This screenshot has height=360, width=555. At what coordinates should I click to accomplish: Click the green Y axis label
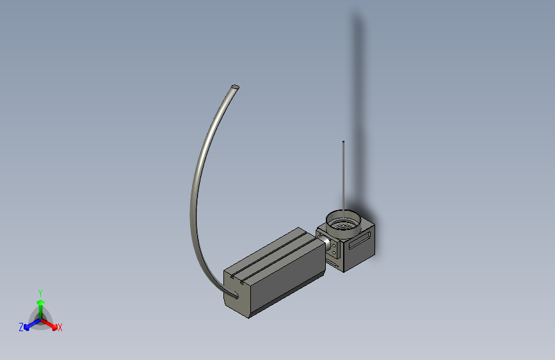click(x=40, y=291)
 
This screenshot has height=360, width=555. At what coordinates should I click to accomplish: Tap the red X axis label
click(x=60, y=328)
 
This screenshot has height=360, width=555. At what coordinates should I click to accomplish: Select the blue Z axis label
click(x=21, y=327)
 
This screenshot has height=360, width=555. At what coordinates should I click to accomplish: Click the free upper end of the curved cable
click(x=236, y=86)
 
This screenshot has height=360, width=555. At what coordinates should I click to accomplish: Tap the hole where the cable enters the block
click(x=234, y=295)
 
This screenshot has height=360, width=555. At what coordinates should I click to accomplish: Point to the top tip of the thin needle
click(x=344, y=142)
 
